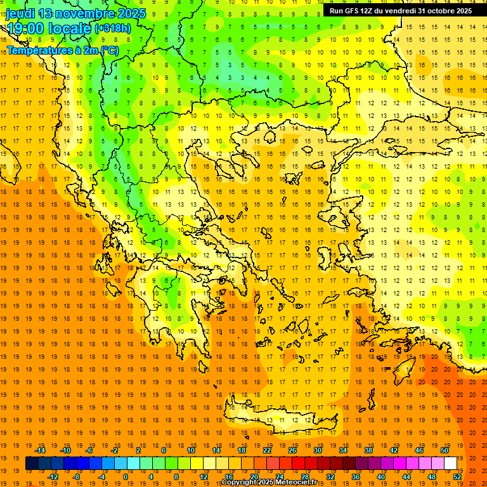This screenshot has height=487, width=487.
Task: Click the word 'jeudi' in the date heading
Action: pyautogui.click(x=20, y=13)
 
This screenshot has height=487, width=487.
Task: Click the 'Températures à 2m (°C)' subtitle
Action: pyautogui.click(x=62, y=50)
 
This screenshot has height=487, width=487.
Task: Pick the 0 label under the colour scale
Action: pyautogui.click(x=126, y=476)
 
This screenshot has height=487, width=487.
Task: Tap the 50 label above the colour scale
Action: pyautogui.click(x=445, y=450)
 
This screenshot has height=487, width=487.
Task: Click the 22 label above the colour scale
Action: pyautogui.click(x=267, y=450)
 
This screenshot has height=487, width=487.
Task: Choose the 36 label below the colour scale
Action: pyautogui.click(x=356, y=476)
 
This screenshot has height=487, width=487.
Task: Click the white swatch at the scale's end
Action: pyautogui.click(x=451, y=464)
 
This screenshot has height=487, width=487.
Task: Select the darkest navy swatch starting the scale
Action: pyautogui.click(x=32, y=464)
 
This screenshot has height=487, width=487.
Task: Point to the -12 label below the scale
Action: pyautogui.click(x=53, y=476)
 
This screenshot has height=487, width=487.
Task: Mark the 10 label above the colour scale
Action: pyautogui.click(x=191, y=450)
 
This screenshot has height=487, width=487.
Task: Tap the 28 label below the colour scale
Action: pyautogui.click(x=305, y=476)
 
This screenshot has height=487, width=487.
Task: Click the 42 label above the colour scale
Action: pyautogui.click(x=394, y=450)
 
